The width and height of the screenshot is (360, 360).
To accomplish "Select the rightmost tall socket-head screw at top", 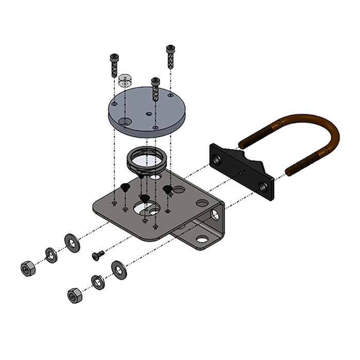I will click(x=170, y=56).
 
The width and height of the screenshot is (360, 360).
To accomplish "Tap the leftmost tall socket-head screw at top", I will click(x=114, y=65).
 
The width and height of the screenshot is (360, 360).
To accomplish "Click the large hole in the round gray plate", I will click(x=124, y=121).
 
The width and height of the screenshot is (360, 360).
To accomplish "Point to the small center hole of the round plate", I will click(x=149, y=113).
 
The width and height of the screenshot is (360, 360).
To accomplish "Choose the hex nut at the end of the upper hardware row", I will click(x=27, y=268).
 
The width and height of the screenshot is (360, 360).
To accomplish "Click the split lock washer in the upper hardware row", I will click(x=51, y=255).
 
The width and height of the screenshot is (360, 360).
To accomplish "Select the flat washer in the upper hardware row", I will click(x=72, y=242).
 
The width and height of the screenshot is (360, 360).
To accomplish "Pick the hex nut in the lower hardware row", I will click(x=75, y=295).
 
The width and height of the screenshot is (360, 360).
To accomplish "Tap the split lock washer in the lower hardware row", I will click(x=97, y=281).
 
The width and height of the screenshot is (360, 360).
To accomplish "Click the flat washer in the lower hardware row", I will click(x=119, y=269).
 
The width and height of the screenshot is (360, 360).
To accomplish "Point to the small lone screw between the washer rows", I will click(x=98, y=255).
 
